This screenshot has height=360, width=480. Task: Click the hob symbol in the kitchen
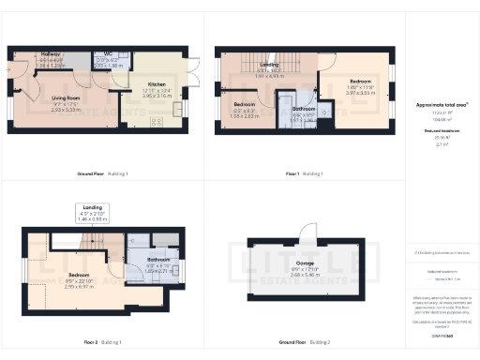156,120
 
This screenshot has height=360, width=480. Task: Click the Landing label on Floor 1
269,64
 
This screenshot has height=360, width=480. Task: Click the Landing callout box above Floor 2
91,213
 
